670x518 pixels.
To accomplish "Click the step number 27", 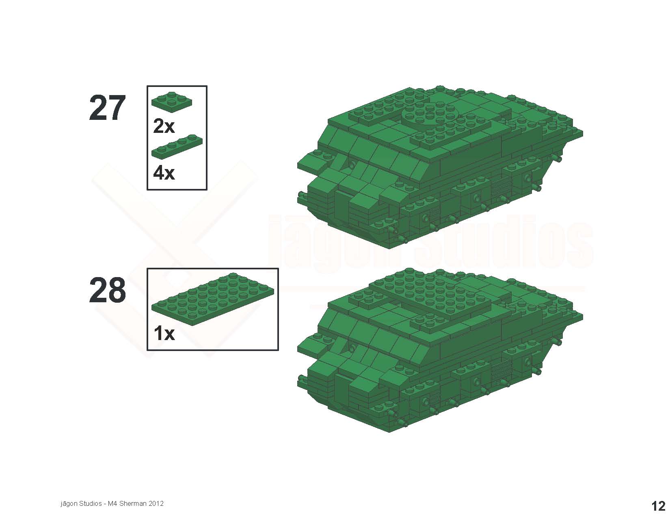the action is point(107,108).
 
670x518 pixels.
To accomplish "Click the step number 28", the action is point(107,290).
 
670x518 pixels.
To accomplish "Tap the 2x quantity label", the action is point(164,126).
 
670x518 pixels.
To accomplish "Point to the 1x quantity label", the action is point(164,334).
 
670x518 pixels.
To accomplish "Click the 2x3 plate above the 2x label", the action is point(172,101).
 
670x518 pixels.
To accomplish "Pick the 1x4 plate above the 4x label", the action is point(177,147).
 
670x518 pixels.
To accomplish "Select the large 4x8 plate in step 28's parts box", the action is point(212,299).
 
